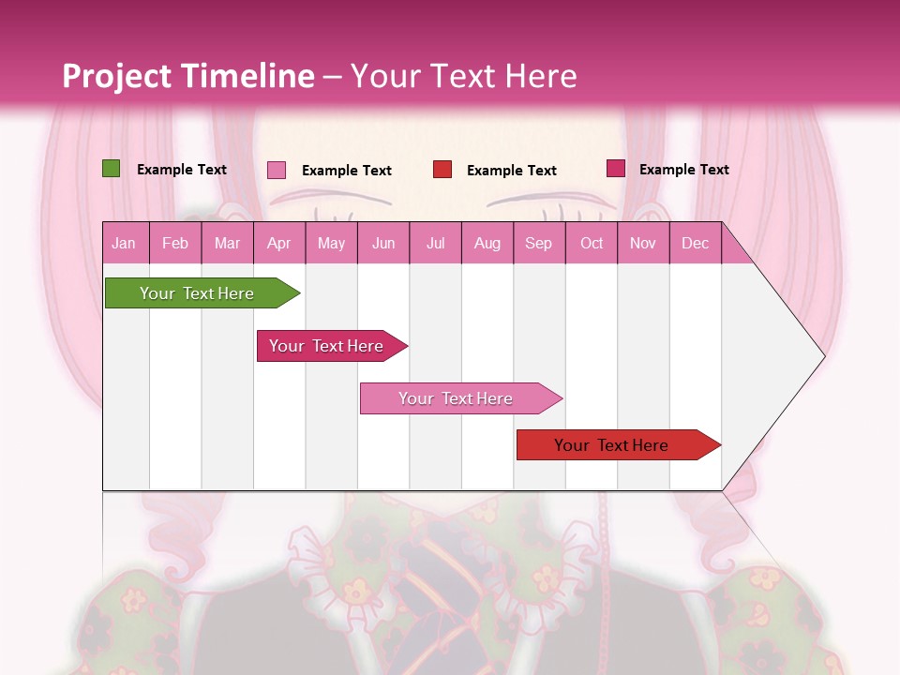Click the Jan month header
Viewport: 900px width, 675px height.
pos(124,243)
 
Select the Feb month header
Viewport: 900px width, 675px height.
pos(175,243)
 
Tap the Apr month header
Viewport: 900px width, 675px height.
pos(278,243)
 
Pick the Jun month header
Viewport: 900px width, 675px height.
pos(383,243)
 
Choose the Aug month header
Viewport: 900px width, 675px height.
pos(487,243)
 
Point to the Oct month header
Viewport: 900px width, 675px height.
pos(592,243)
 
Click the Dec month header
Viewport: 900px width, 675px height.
pos(695,243)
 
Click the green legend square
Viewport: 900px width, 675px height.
pos(112,169)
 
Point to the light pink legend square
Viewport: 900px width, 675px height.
pos(277,170)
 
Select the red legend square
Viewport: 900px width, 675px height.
pos(442,170)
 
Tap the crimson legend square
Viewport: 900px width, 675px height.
pos(615,169)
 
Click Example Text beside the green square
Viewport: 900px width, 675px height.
pos(182,170)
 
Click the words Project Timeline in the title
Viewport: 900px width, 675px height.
pos(188,76)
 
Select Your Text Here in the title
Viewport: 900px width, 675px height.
pos(463,76)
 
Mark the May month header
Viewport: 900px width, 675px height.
pos(331,243)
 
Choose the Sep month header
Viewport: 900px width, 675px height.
pos(538,243)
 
